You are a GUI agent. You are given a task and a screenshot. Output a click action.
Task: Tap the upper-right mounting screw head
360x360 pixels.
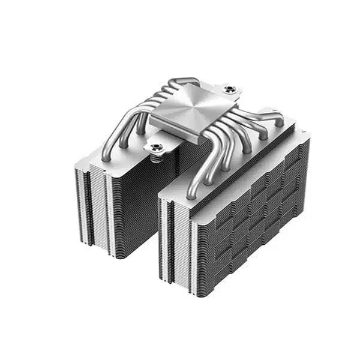click(x=229, y=90)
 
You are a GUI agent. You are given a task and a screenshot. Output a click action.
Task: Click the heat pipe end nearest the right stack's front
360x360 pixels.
click(x=191, y=194)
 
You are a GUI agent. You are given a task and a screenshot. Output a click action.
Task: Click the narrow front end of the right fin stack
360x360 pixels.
click(x=177, y=240)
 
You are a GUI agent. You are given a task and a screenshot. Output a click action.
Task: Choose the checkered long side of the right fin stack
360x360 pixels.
click(x=258, y=210)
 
